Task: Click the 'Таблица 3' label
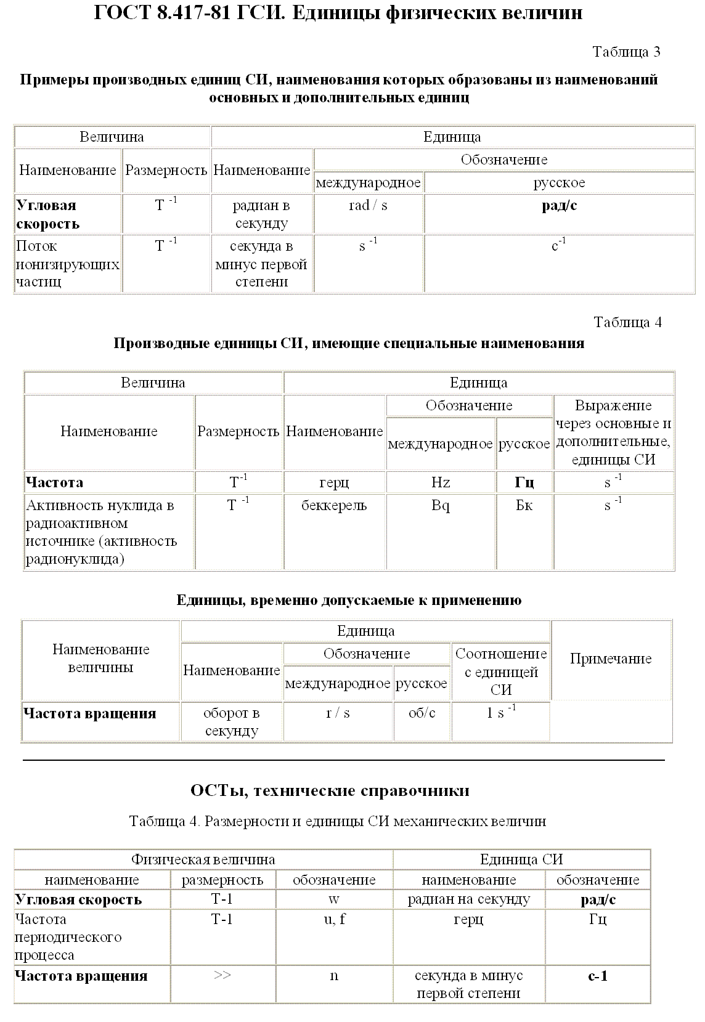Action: coord(626,52)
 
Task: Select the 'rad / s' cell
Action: coord(368,206)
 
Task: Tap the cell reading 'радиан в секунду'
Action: coord(261,214)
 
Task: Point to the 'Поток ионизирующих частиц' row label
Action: coord(67,264)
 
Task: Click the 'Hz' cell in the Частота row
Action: coord(441,482)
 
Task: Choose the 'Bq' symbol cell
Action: coord(441,506)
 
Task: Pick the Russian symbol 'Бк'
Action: coord(524,506)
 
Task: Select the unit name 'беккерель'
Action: coord(334,506)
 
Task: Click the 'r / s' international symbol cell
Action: coord(338,713)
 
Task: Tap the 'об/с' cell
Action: coord(422,713)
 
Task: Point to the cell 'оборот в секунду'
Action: coord(231,722)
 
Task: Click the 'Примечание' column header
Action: coord(610,659)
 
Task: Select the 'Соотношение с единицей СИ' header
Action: coord(500,671)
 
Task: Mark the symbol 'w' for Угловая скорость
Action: coord(334,899)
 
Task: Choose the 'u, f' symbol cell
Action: coord(334,920)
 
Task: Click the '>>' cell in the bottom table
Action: coord(222,976)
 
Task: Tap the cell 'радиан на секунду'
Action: coord(468,899)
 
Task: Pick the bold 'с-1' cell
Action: coord(598,976)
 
